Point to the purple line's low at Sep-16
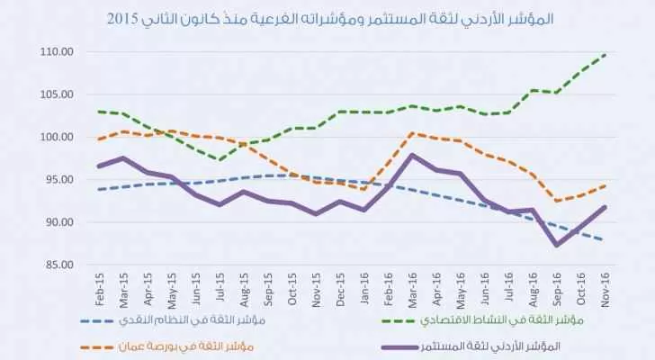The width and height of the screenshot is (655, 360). coord(558,245)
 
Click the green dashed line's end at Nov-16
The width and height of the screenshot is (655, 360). coord(604,54)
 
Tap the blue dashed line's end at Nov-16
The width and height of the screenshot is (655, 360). coord(604,239)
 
